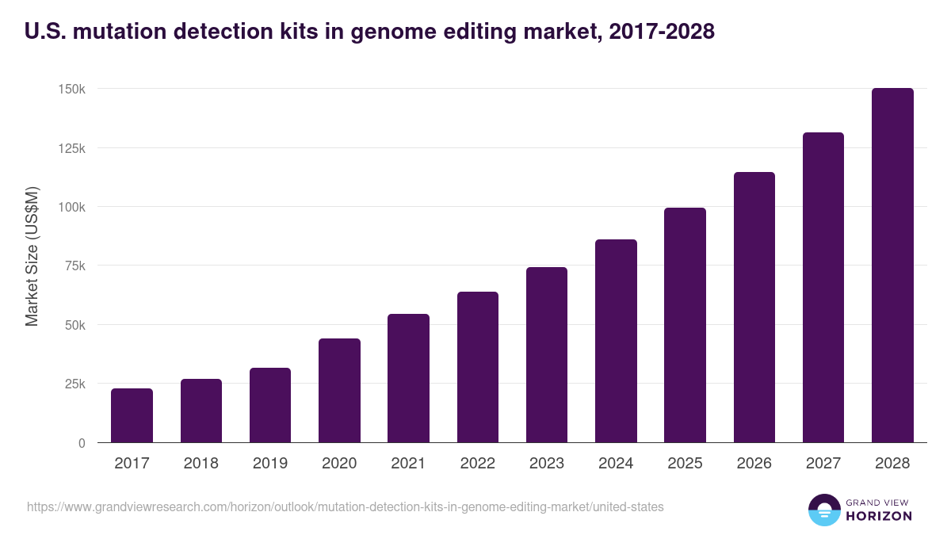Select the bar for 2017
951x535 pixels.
point(132,415)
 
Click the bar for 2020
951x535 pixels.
point(339,391)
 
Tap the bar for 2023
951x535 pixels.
point(547,355)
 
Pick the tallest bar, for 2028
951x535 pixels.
point(892,266)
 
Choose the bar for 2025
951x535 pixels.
point(685,325)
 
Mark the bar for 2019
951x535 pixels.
point(270,405)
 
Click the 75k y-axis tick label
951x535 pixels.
point(74,266)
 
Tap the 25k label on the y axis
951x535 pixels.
point(74,384)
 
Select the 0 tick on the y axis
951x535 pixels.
point(81,443)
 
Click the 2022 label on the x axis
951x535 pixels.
point(477,464)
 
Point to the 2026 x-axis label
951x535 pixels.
point(754,464)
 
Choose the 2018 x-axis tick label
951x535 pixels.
point(201,464)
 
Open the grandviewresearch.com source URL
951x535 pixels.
point(346,506)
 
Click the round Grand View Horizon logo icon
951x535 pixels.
point(823,510)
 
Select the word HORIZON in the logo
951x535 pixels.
point(879,516)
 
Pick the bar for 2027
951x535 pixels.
point(823,288)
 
